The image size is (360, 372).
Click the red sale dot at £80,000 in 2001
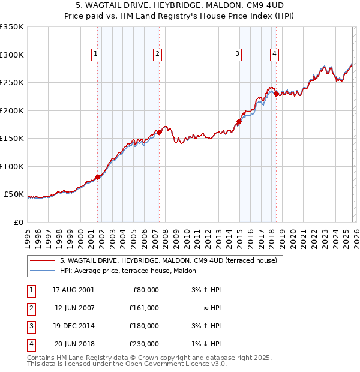click(x=98, y=177)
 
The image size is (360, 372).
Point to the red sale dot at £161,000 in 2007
click(x=159, y=132)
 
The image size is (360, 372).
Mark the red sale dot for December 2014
click(x=239, y=122)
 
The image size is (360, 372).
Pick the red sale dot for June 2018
click(x=276, y=94)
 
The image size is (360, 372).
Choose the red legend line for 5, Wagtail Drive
click(x=42, y=261)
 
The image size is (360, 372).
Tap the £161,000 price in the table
click(x=145, y=308)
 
